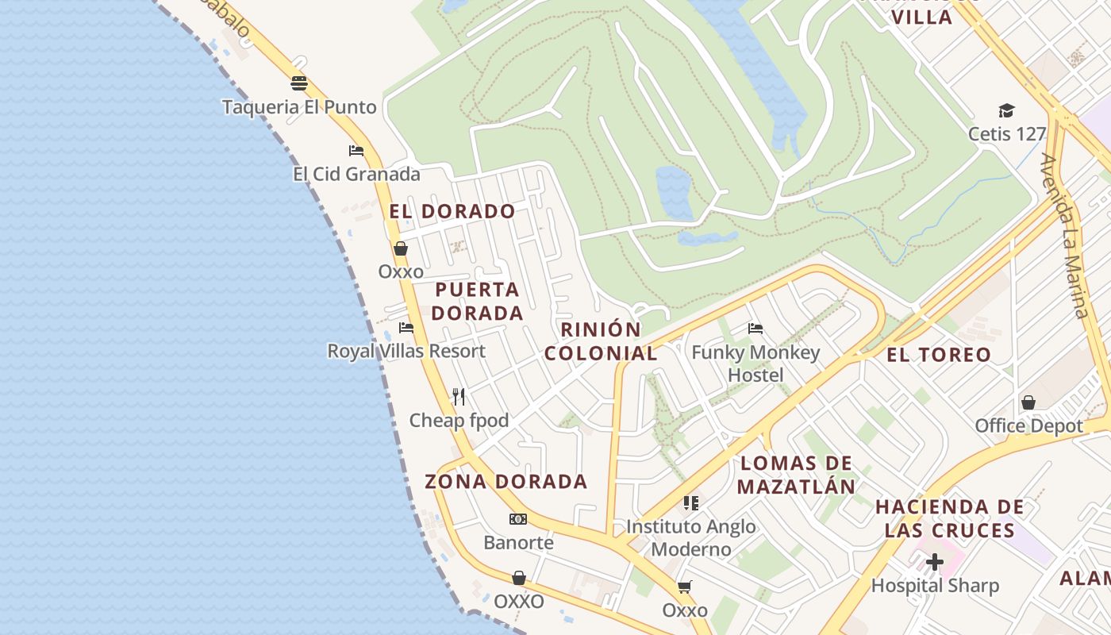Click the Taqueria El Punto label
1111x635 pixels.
(299, 107)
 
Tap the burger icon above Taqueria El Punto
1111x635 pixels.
(299, 83)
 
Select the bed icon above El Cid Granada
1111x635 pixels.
(356, 151)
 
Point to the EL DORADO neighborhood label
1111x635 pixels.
(452, 211)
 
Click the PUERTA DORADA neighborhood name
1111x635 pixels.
(477, 301)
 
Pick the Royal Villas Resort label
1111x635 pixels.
(406, 351)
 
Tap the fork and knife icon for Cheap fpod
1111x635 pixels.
(459, 396)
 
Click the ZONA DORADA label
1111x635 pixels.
(506, 482)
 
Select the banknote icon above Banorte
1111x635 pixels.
(518, 519)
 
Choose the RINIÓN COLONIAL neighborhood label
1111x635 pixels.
(601, 341)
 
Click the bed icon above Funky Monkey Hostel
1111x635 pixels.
(755, 328)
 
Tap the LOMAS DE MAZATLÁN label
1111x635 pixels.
(796, 475)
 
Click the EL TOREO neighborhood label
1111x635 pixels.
(939, 355)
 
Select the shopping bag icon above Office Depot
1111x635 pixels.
(1028, 402)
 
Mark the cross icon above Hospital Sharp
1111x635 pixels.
(935, 563)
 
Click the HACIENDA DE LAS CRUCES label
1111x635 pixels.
(944, 518)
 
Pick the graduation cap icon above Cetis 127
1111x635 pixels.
(1007, 110)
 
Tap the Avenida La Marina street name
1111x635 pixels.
(1064, 236)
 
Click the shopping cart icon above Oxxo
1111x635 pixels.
(685, 587)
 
